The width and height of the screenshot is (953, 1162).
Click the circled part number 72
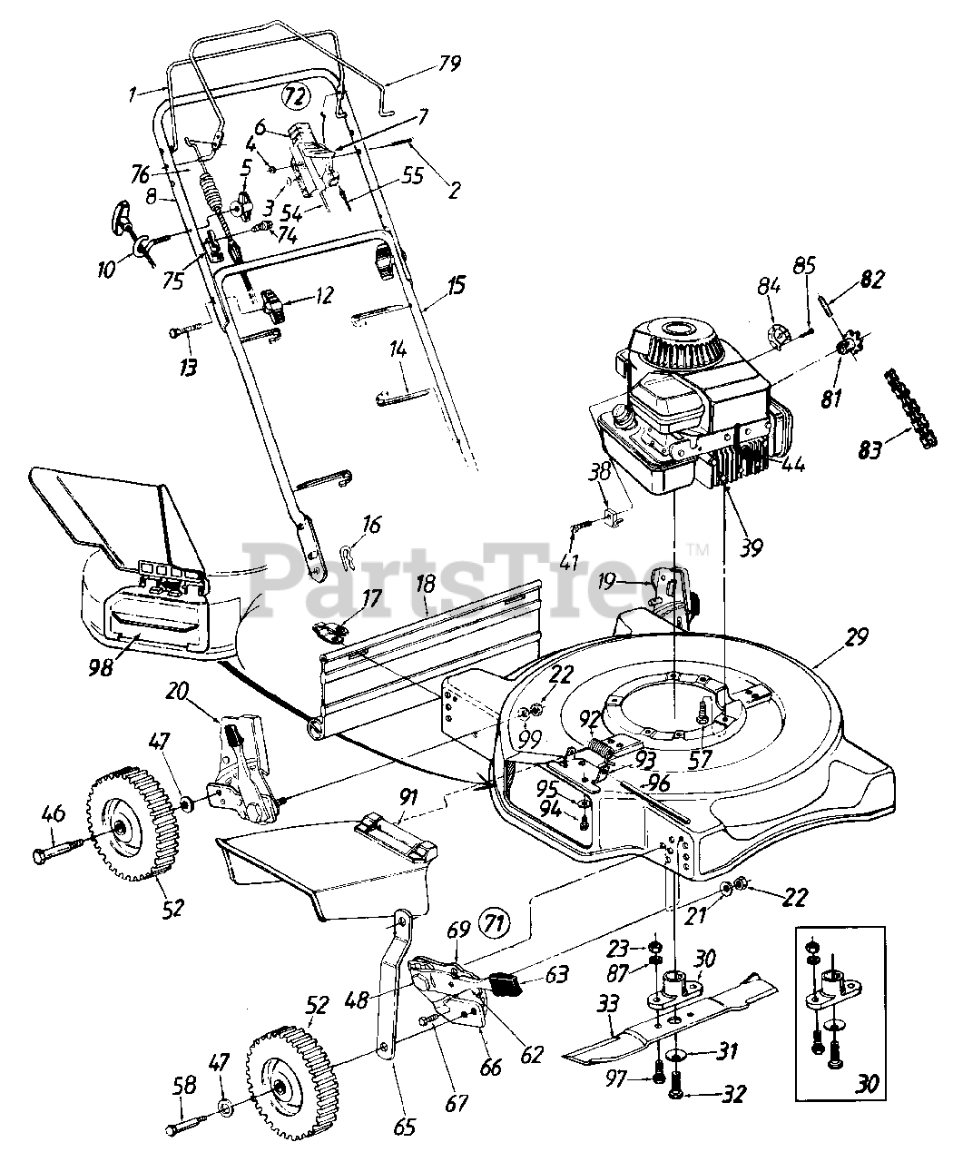click(x=293, y=94)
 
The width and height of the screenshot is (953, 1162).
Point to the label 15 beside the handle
click(x=457, y=286)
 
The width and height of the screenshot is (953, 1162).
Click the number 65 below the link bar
click(x=404, y=1128)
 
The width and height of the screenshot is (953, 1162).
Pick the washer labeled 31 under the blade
click(x=687, y=1056)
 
